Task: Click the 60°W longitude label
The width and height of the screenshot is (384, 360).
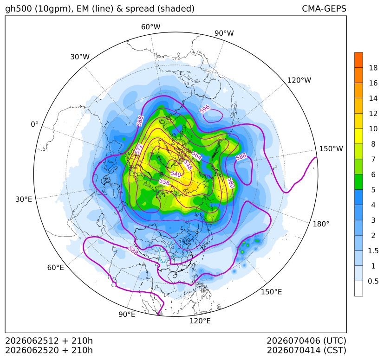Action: (150, 27)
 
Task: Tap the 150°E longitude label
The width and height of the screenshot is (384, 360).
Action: (271, 292)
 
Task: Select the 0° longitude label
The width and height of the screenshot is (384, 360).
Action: (34, 124)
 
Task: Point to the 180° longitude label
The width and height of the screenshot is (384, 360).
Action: (321, 224)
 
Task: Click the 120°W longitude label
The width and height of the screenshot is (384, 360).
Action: (299, 80)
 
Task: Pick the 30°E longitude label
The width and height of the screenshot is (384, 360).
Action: (24, 199)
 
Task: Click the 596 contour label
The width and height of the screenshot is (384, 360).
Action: (205, 109)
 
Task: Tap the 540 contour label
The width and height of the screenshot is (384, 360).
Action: (176, 174)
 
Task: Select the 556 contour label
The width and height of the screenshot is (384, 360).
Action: (164, 182)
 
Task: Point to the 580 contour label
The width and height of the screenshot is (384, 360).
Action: (231, 183)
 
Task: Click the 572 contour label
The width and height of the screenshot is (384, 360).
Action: (139, 149)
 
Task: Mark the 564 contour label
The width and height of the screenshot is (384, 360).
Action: (196, 155)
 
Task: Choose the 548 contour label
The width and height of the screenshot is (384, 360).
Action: (188, 165)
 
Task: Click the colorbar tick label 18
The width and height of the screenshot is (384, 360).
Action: (373, 68)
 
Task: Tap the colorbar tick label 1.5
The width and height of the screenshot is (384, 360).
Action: (373, 251)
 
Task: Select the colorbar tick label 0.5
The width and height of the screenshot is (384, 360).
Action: (373, 281)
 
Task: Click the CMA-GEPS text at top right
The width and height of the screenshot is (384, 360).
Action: (324, 8)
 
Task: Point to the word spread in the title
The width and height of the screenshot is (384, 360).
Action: (139, 9)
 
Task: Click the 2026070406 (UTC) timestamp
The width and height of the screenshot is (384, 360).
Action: (306, 341)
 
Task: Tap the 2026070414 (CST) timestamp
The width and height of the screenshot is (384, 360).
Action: (306, 350)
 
